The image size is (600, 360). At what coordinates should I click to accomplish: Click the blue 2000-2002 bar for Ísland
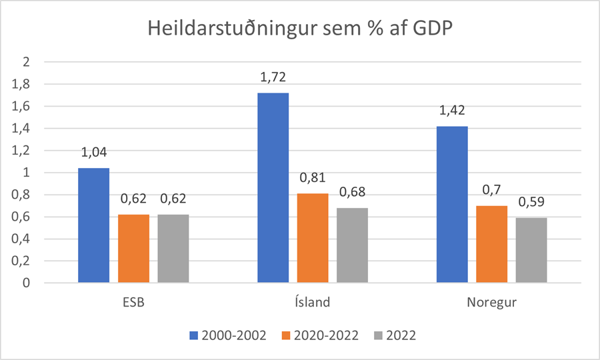tap(273, 188)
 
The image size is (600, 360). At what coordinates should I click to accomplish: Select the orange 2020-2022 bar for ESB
tap(133, 249)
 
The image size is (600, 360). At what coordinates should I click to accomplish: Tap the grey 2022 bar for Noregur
tap(531, 251)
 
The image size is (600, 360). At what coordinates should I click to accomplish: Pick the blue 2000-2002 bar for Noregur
tap(451, 205)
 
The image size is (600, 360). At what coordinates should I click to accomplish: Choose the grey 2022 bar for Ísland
tap(352, 245)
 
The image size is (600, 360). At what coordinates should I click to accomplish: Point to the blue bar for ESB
tap(94, 225)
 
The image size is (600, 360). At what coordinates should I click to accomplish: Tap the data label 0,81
tap(312, 180)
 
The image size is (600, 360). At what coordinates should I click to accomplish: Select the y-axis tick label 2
tap(27, 62)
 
